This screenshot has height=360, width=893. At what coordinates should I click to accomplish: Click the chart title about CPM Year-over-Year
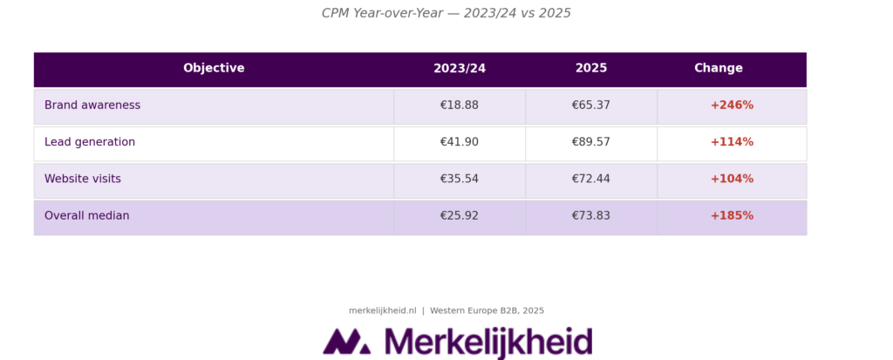pos(446,13)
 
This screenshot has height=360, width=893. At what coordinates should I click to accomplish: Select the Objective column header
pos(214,68)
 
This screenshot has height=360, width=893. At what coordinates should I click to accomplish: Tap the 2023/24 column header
pos(460,68)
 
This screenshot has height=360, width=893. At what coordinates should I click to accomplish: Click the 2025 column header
pos(591,68)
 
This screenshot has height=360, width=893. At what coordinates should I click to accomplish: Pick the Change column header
pos(719,68)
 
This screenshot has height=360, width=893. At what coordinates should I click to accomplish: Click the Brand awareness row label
pos(92,105)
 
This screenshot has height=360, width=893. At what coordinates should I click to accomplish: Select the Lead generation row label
pos(90,142)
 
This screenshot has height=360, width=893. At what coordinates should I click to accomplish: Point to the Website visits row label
pos(83,179)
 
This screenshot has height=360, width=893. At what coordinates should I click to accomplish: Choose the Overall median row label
pos(86,216)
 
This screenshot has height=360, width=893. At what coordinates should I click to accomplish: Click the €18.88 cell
pos(460,105)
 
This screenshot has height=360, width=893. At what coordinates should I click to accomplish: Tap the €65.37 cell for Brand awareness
pos(591,105)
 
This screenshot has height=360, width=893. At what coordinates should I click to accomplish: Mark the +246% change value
pos(732,105)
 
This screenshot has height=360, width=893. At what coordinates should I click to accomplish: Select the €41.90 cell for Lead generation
pos(460,142)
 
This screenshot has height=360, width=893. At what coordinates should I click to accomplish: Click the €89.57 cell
pos(591,142)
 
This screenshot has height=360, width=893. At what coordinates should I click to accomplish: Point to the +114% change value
pos(732,142)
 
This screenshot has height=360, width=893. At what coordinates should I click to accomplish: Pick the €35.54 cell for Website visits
pos(460,179)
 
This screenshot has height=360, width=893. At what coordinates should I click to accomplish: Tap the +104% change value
pos(732,179)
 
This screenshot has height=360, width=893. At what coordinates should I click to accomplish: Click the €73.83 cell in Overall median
pos(591,216)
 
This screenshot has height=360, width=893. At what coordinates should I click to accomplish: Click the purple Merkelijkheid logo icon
pos(346,342)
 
